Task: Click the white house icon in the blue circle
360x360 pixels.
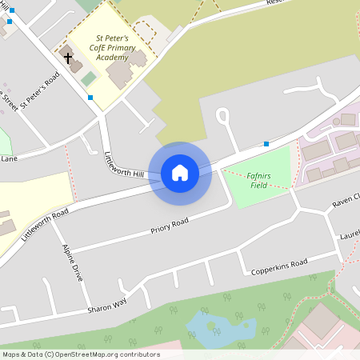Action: (x=180, y=172)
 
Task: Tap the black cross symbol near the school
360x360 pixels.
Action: (x=68, y=58)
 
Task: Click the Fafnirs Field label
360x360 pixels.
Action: (x=257, y=180)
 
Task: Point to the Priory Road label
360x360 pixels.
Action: (x=170, y=224)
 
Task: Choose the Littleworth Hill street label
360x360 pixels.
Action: (x=124, y=163)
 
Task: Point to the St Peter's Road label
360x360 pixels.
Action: (x=41, y=90)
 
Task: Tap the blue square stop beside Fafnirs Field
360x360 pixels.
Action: (x=266, y=145)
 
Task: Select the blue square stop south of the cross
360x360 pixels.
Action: (x=90, y=98)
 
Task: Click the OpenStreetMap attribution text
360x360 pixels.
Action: (x=81, y=354)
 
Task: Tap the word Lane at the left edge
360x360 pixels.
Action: (x=9, y=159)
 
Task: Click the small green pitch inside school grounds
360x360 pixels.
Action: (x=89, y=79)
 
